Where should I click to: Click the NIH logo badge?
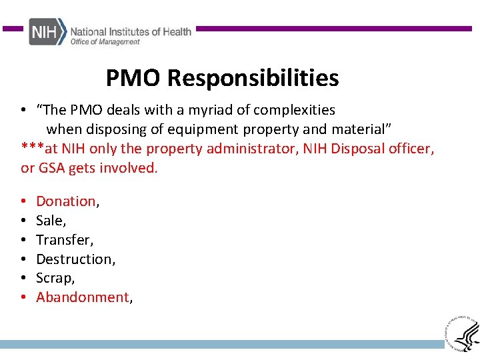(47, 32)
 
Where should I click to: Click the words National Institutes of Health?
(131, 31)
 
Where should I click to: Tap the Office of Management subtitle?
(105, 42)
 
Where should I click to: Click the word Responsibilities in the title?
(253, 79)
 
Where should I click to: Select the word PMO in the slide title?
(133, 79)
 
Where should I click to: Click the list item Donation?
(66, 201)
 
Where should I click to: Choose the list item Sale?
(50, 221)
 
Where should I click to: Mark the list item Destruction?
(75, 259)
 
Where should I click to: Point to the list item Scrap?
(54, 278)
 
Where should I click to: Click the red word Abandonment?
(83, 297)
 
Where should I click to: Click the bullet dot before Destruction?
(23, 259)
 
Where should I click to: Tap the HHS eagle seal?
(461, 331)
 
